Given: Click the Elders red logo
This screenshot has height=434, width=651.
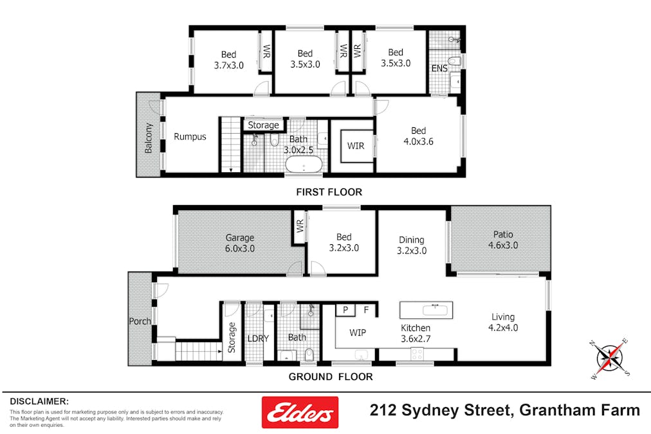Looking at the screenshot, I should coord(299,412).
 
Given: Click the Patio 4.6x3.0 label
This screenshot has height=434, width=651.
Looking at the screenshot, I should coord(503,239).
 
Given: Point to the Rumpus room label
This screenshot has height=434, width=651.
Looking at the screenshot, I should coord(190,136).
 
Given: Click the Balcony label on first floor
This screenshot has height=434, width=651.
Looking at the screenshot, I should coord(149,138).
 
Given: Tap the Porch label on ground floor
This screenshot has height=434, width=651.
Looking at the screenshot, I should coord(140,321).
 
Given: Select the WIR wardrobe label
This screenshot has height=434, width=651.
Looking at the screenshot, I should coord(356,146).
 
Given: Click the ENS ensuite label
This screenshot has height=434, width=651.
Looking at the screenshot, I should coord(439,68).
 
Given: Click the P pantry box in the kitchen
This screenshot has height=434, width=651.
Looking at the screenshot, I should coord(345,310).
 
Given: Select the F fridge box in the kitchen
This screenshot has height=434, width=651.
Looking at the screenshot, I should coord(367,310).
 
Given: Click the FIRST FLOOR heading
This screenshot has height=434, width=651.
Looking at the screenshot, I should coord(329,192).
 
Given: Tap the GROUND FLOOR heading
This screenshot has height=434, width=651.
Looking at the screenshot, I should coord(330,377).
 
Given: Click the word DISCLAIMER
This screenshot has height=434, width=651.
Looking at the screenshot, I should coord(39,401).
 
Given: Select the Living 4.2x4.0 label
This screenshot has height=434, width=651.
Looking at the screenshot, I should coord(504,322).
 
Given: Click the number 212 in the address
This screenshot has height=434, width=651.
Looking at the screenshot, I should coord(383,410).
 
